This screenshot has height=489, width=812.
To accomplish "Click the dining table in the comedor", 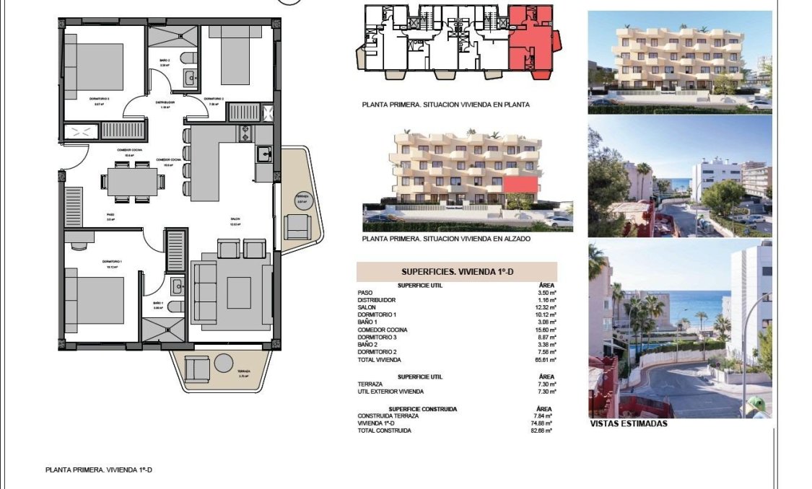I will (131, 181).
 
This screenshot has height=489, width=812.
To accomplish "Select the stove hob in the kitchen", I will (245, 133).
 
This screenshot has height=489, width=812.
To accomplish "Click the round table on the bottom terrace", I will (222, 365).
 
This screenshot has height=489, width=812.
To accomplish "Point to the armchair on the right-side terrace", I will (297, 227).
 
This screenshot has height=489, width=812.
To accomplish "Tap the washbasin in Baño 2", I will (189, 78).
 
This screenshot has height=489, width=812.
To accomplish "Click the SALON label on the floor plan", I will (235, 219).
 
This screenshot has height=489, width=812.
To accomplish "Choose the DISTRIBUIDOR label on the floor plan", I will (165, 102).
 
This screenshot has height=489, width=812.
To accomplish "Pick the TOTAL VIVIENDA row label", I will (379, 359).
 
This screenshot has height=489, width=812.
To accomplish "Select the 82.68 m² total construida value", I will (542, 431).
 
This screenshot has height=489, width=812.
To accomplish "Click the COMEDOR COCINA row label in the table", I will (383, 330).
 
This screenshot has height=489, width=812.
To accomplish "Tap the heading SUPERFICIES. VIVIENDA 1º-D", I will (456, 272).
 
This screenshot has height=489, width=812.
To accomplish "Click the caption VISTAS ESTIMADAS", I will (628, 424).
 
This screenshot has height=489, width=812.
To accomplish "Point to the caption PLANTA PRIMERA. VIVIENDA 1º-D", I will (99, 470).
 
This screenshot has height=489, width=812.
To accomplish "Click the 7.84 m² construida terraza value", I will (543, 415).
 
